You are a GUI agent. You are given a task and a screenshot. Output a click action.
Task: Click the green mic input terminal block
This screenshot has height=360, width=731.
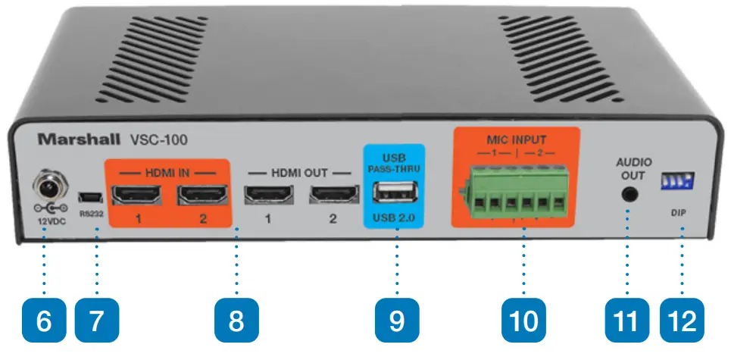[514, 196]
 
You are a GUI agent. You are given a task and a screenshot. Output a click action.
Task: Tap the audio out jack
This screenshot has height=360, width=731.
[629, 193]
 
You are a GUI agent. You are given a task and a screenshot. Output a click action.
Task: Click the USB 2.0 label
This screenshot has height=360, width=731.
[395, 221]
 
